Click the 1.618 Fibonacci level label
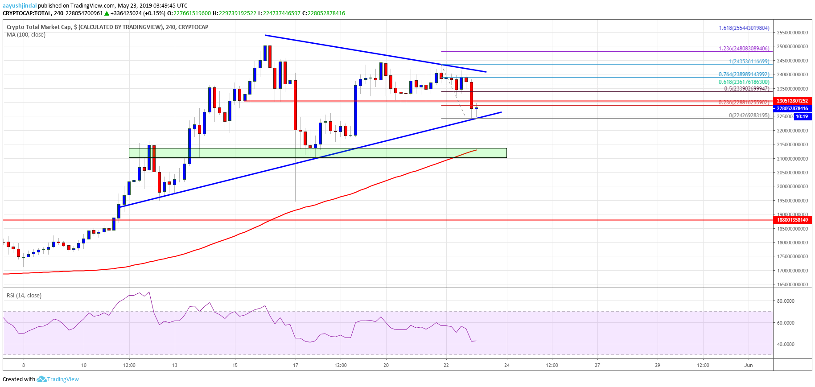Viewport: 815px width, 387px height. tap(744, 28)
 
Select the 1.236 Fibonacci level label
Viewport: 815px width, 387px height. tap(744, 49)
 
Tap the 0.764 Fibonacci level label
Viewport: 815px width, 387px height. tap(744, 74)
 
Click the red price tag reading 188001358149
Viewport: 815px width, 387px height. tap(792, 220)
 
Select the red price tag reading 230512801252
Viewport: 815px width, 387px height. tap(792, 101)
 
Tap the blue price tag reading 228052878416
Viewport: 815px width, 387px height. tap(792, 108)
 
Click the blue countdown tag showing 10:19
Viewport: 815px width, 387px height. tap(802, 116)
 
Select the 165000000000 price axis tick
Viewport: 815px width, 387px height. tap(792, 284)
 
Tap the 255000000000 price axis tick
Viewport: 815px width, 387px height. tap(792, 33)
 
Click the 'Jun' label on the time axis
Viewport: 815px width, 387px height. tap(748, 365)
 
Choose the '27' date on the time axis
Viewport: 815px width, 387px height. tap(597, 365)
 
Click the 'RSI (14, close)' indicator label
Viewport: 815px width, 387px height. tap(24, 296)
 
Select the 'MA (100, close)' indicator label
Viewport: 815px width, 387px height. tap(26, 35)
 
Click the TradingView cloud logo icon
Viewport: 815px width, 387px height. tap(41, 379)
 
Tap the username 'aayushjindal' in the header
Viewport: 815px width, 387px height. tap(20, 5)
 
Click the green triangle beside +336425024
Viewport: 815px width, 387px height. tap(107, 13)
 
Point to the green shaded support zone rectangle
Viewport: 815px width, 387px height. tap(317, 153)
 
